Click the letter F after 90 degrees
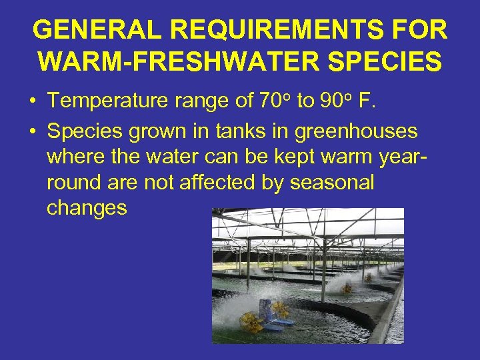[x=365, y=101]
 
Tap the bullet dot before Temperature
[x=32, y=102]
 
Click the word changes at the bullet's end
[x=87, y=208]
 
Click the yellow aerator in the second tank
[x=347, y=288]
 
